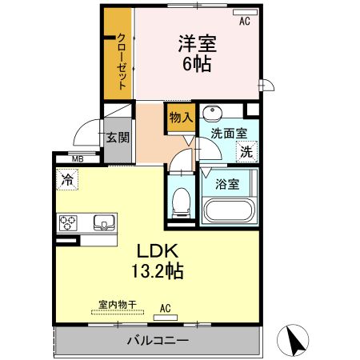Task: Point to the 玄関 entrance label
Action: tap(118, 137)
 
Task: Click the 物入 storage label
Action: tap(180, 117)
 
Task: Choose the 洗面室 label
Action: tap(228, 134)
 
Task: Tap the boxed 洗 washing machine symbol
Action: tap(247, 150)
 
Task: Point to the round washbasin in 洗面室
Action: tap(213, 113)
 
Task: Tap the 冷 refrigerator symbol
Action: tap(68, 180)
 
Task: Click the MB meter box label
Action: tap(77, 159)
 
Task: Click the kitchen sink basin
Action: tap(103, 222)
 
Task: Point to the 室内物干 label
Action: tap(118, 304)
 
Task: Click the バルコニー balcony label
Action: tap(158, 342)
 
